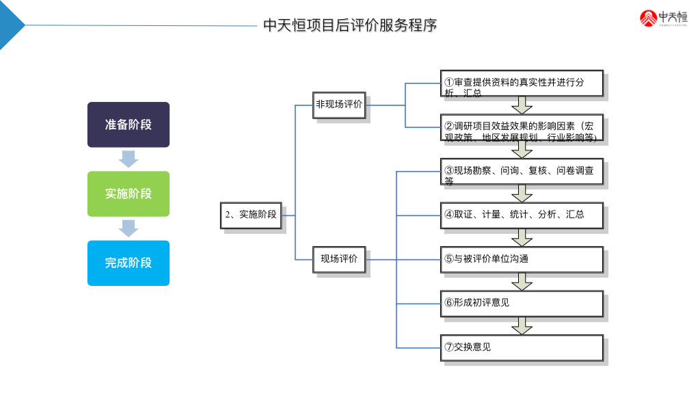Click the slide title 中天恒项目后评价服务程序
tap(350, 25)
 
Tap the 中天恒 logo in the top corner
tap(663, 18)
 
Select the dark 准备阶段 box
tap(128, 124)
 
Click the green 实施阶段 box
tap(128, 194)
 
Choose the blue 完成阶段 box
tap(128, 263)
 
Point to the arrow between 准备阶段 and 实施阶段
tap(128, 159)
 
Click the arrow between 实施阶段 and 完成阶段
tap(128, 228)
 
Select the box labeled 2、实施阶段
tap(252, 215)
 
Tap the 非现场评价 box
tap(338, 105)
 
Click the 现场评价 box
tap(338, 259)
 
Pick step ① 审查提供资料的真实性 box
tap(522, 83)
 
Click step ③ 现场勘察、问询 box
tap(522, 172)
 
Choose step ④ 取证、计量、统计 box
tap(522, 215)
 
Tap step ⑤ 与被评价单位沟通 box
tap(522, 259)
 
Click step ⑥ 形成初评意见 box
tap(522, 303)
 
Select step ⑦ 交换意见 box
tap(522, 347)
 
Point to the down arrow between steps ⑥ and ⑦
tap(522, 326)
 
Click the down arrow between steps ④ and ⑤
tap(522, 237)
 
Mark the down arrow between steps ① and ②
tap(522, 105)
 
